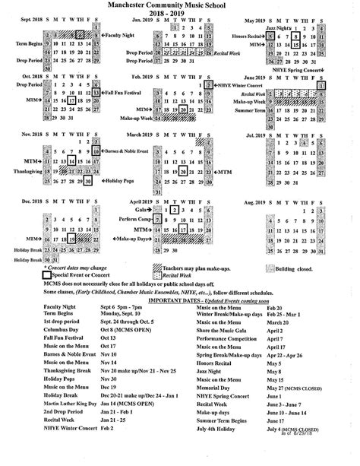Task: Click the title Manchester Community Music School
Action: pyautogui.click(x=179, y=6)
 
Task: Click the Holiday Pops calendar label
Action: pyautogui.click(x=121, y=181)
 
